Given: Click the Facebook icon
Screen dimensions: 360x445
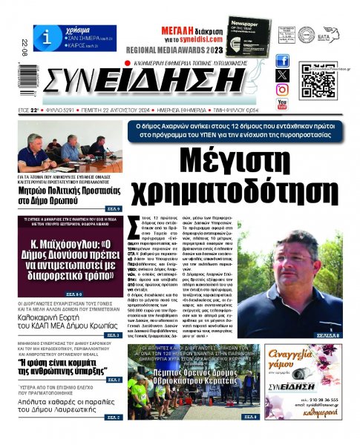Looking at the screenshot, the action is click(x=282, y=61).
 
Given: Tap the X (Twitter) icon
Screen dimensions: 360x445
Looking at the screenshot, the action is click(x=282, y=75).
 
